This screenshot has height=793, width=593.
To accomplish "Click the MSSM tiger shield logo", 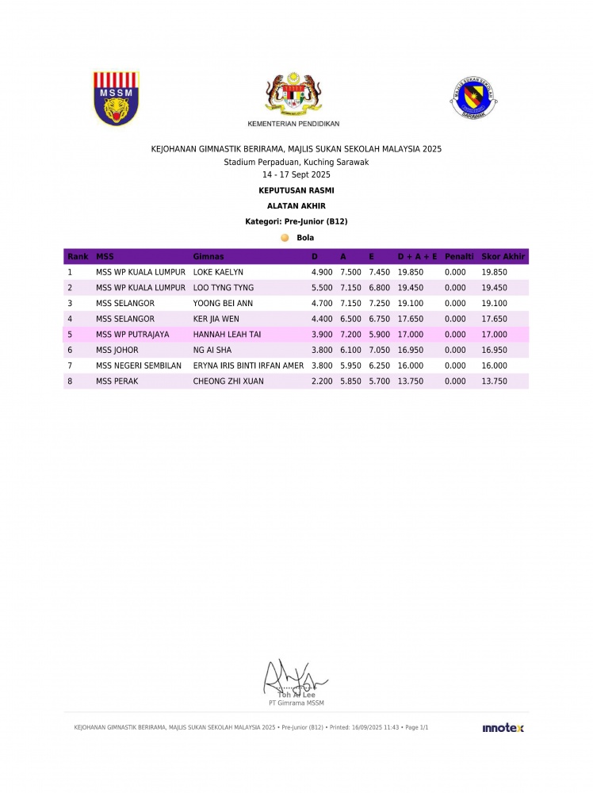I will click(117, 98).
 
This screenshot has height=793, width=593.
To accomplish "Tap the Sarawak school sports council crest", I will click(472, 98).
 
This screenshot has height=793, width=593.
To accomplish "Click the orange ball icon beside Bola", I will click(285, 237).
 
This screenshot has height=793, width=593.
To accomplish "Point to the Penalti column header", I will click(459, 257).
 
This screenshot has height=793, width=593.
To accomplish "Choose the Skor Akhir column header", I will click(503, 257).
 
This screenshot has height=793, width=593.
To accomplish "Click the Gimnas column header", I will click(209, 257).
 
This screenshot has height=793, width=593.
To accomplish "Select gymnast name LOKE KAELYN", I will click(218, 272).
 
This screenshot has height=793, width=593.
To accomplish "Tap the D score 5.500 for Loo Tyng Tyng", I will click(321, 288).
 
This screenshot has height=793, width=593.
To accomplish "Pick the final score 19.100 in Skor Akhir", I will click(494, 303).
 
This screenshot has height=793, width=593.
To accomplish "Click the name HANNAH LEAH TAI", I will click(227, 335).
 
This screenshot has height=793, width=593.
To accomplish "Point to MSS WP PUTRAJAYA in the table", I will click(132, 335).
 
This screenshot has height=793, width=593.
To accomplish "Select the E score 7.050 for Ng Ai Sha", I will click(380, 350).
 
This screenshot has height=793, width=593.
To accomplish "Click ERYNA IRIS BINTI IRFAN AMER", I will click(248, 366).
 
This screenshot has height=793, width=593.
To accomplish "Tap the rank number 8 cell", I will click(70, 381).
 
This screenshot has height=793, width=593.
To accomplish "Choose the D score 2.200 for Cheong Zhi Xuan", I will click(321, 381).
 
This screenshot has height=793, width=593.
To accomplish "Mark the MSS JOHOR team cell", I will click(117, 350).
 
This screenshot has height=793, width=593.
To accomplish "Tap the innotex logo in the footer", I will click(503, 728).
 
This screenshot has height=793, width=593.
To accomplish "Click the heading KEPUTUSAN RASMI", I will click(296, 190).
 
